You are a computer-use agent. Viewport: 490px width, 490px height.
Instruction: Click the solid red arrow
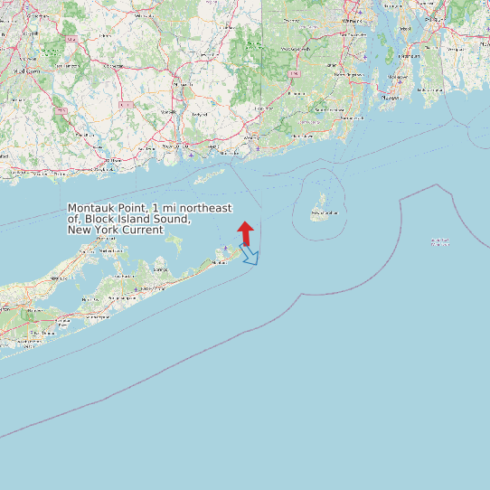coord(245,233)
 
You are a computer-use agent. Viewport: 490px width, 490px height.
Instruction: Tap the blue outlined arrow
coord(250,256)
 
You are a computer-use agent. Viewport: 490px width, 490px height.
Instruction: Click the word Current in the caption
coord(141,230)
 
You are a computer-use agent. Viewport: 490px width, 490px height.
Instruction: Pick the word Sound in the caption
coord(171,219)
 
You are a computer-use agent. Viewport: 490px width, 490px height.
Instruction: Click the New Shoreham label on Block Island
coord(323,214)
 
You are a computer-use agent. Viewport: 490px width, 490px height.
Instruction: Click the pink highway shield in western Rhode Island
coord(294,69)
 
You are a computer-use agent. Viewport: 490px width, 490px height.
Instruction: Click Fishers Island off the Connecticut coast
coord(213,172)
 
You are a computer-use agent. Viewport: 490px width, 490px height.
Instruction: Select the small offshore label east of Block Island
coord(440,242)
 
